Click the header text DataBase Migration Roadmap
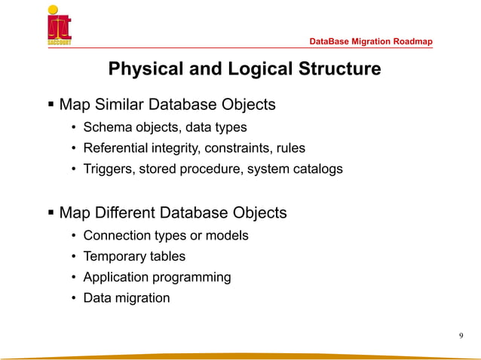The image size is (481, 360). click(x=371, y=41)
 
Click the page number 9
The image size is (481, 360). click(x=461, y=335)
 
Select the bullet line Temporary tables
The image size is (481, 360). click(x=134, y=256)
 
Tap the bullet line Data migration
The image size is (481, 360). click(x=127, y=297)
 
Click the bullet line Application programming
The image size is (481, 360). click(x=157, y=276)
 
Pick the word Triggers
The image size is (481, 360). click(x=109, y=169)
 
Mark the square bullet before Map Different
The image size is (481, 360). click(x=51, y=212)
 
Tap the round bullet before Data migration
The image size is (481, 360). click(x=74, y=298)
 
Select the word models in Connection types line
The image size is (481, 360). click(x=228, y=235)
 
